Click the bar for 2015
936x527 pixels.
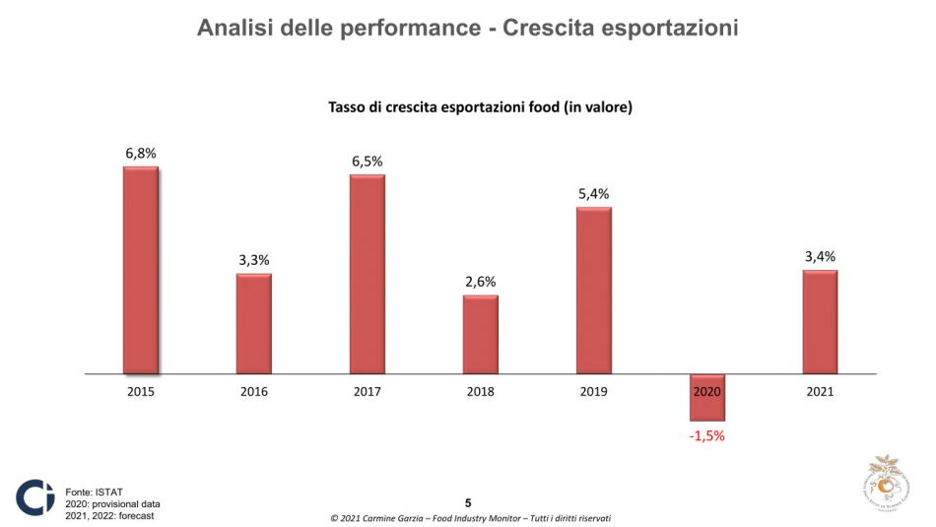point(140,271)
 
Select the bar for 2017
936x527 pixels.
point(367,275)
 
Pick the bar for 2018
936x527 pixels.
point(481,335)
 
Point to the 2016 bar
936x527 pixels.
point(253,324)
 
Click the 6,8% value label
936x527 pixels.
point(141,154)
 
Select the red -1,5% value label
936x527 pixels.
point(706,435)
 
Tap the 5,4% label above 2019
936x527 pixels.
point(594,194)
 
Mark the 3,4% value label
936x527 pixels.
point(820,257)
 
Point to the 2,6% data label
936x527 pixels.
point(481,283)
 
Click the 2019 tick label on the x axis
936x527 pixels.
point(594,391)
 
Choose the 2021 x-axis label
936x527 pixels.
point(820,391)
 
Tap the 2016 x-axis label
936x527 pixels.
point(253,391)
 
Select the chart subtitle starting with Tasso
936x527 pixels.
point(480,106)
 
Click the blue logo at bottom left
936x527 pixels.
point(34,497)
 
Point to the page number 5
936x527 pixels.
point(468,502)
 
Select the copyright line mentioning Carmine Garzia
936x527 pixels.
point(468,518)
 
